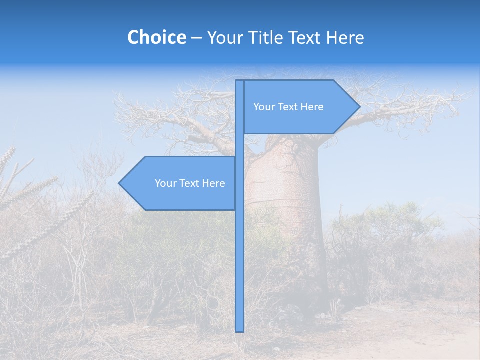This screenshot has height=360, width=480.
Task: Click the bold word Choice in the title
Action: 156,37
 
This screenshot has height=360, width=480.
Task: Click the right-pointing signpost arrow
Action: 300,107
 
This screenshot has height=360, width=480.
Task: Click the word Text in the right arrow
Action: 288,107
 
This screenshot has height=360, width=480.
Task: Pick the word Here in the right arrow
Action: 312,107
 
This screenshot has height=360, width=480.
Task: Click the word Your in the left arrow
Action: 165,183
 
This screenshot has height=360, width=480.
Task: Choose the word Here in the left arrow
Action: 213,183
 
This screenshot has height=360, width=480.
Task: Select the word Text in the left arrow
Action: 189,183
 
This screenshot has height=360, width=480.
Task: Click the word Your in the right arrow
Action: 263,107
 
